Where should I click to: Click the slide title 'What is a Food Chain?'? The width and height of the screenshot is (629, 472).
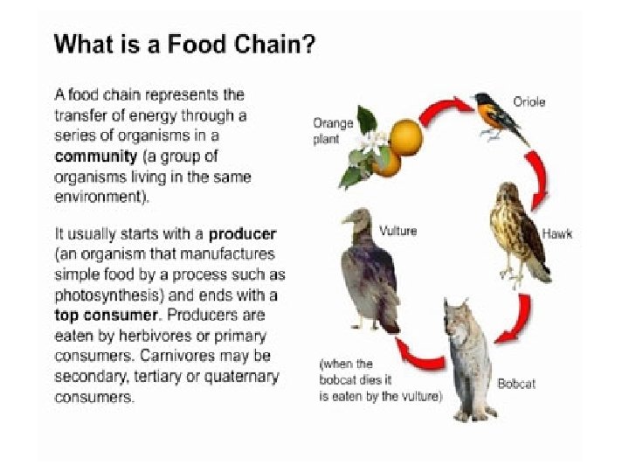(184, 45)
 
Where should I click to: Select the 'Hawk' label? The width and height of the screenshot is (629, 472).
(557, 234)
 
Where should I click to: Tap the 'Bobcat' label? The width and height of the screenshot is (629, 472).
(516, 384)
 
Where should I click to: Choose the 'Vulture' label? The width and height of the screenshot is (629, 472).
(397, 231)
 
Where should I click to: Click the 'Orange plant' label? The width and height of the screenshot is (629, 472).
(333, 131)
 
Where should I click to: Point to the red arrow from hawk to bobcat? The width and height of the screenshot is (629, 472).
(517, 319)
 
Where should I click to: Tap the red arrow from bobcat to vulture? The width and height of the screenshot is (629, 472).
(418, 353)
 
